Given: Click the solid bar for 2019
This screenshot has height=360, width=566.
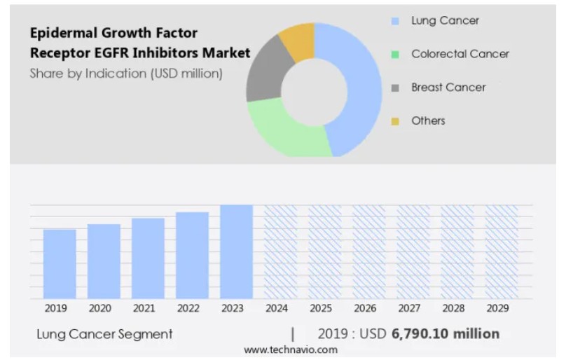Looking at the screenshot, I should (x=60, y=263).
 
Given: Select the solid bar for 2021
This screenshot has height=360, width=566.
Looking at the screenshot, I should (x=148, y=258).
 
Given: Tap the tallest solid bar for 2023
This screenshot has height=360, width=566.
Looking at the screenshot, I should (x=236, y=251).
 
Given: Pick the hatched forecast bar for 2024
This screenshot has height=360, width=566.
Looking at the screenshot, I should (x=280, y=251).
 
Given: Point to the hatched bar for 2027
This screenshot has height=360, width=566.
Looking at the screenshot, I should (x=413, y=251).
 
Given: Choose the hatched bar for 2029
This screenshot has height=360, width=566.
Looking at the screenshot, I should (x=501, y=251).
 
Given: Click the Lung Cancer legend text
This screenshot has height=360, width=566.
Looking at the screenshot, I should (x=445, y=20).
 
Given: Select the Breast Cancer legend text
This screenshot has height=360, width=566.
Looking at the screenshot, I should (x=448, y=87).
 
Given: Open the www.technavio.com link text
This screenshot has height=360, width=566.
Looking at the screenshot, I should (x=290, y=349).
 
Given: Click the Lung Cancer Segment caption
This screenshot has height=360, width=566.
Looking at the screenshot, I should (x=104, y=334).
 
